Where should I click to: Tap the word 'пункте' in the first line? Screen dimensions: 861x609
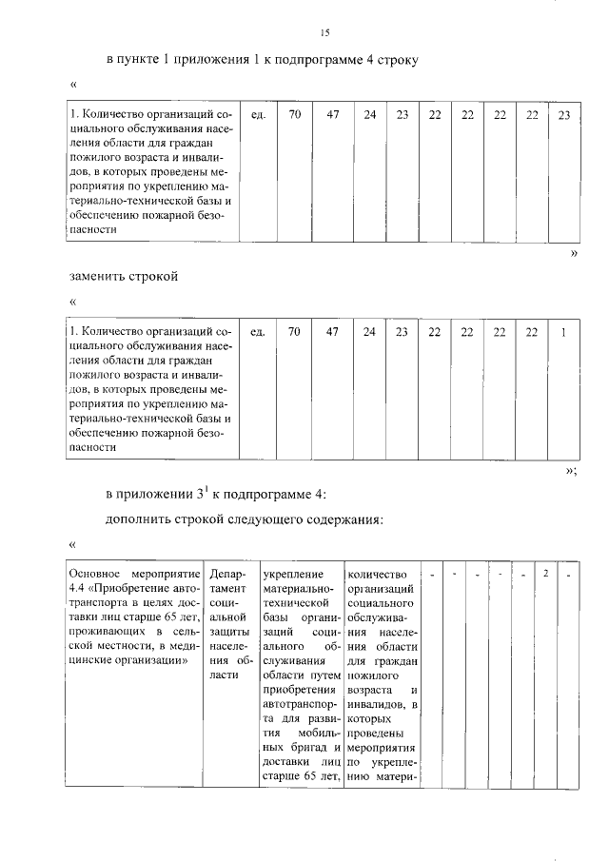tap(144, 60)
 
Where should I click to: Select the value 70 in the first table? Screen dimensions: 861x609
tap(296, 115)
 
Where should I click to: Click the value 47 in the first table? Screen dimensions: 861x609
tap(333, 115)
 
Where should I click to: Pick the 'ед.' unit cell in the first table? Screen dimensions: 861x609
tap(257, 115)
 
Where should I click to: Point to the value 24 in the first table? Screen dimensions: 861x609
tap(369, 115)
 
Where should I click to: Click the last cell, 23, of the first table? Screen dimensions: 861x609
tap(563, 115)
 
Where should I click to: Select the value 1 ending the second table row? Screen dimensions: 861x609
tap(563, 332)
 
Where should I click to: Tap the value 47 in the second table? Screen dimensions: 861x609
tap(333, 332)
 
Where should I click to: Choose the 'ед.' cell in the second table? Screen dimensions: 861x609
tap(257, 332)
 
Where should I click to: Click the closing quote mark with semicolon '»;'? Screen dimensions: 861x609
tap(571, 470)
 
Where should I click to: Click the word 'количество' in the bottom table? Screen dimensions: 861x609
tap(378, 575)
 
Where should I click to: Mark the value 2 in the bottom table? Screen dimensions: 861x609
tap(545, 574)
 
